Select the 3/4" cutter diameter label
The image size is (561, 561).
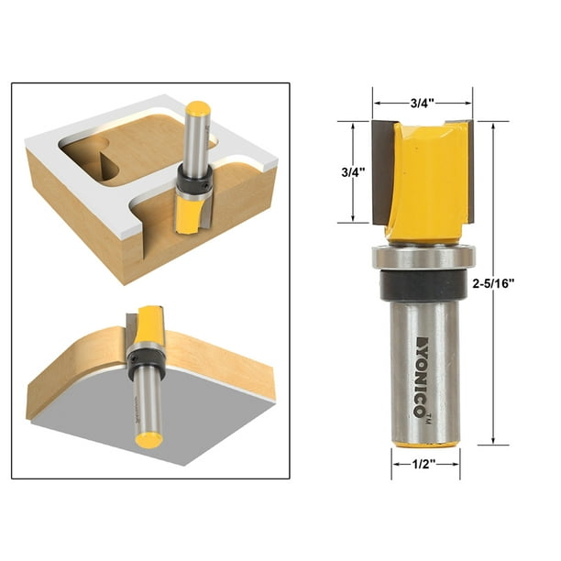(423, 104)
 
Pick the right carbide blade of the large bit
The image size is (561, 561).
(465, 171)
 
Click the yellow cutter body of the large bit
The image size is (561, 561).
(422, 179)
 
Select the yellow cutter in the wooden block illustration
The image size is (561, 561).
(189, 215)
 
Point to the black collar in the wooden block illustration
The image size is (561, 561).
(193, 184)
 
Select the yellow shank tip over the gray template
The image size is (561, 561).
(148, 438)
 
